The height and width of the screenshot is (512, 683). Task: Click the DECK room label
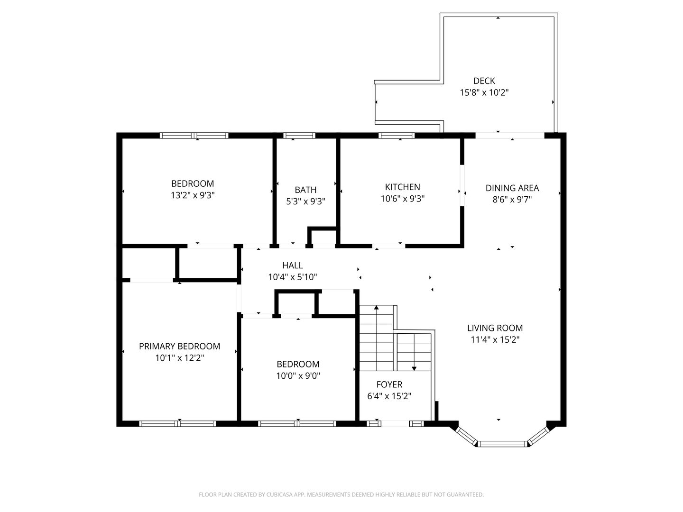pyautogui.click(x=484, y=81)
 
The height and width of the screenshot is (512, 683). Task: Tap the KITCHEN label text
pyautogui.click(x=402, y=187)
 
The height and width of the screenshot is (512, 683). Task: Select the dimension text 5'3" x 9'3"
pyautogui.click(x=305, y=201)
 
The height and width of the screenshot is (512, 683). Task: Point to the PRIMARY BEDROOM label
pyautogui.click(x=179, y=346)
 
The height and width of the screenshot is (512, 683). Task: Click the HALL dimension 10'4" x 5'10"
pyautogui.click(x=292, y=277)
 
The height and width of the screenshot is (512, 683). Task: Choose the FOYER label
pyautogui.click(x=389, y=384)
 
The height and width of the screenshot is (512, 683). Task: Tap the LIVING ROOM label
pyautogui.click(x=495, y=328)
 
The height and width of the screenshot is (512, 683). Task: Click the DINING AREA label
pyautogui.click(x=512, y=188)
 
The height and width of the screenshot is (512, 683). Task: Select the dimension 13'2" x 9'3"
pyautogui.click(x=192, y=195)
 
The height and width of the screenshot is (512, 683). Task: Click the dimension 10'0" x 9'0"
pyautogui.click(x=298, y=376)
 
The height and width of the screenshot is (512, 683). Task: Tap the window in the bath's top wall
pyautogui.click(x=299, y=135)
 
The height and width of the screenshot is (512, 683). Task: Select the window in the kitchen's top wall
pyautogui.click(x=396, y=135)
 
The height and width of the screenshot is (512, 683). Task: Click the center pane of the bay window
pyautogui.click(x=502, y=444)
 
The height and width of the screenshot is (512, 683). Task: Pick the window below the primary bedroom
pyautogui.click(x=177, y=423)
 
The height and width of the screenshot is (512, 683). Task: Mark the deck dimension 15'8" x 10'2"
pyautogui.click(x=484, y=92)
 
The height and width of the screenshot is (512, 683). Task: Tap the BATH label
pyautogui.click(x=305, y=190)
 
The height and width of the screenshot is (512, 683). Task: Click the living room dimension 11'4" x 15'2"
pyautogui.click(x=495, y=340)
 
